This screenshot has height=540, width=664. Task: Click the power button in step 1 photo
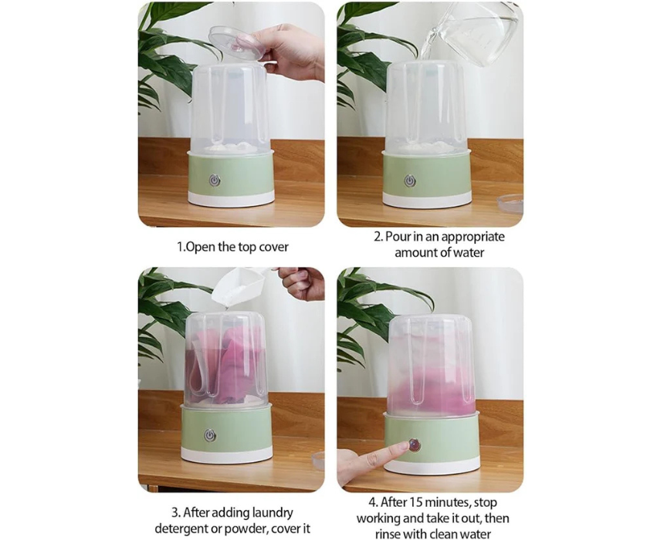click(x=215, y=181)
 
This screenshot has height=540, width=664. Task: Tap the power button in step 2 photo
click(x=409, y=181)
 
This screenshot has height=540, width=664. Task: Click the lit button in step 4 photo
click(x=414, y=445)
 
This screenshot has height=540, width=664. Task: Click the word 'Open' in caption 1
click(x=200, y=247)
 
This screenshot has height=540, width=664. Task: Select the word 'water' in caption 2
click(x=468, y=253)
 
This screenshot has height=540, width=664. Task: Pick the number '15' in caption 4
click(x=415, y=503)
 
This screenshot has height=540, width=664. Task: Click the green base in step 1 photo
click(x=231, y=174)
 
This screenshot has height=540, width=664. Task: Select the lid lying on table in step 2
click(x=510, y=204)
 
